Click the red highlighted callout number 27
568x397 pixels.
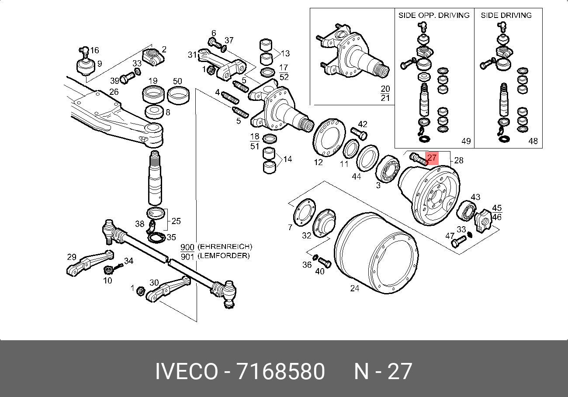click(x=432, y=158)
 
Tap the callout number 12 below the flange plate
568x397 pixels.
click(x=318, y=162)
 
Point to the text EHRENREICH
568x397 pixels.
click(x=225, y=247)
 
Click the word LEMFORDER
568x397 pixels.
click(x=223, y=256)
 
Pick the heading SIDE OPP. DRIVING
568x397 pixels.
click(x=433, y=15)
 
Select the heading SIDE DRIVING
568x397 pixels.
click(x=506, y=15)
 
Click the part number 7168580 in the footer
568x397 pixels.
click(x=281, y=372)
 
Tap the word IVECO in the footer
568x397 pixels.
click(x=187, y=372)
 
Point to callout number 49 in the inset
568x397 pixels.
click(x=466, y=141)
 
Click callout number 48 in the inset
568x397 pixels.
click(x=533, y=141)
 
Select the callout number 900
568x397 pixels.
click(x=187, y=247)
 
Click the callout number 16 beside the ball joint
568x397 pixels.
click(x=94, y=50)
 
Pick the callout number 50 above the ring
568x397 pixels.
click(x=177, y=81)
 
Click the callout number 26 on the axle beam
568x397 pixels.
click(x=114, y=92)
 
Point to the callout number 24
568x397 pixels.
click(x=354, y=288)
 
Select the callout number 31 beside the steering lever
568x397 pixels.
click(x=192, y=55)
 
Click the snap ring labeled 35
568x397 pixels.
click(x=155, y=238)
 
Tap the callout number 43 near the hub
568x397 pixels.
click(x=475, y=197)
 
